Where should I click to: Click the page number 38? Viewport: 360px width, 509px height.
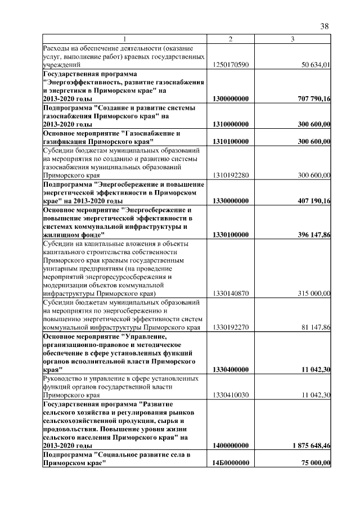(324, 26)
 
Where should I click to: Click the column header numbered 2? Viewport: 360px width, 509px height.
(231, 39)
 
